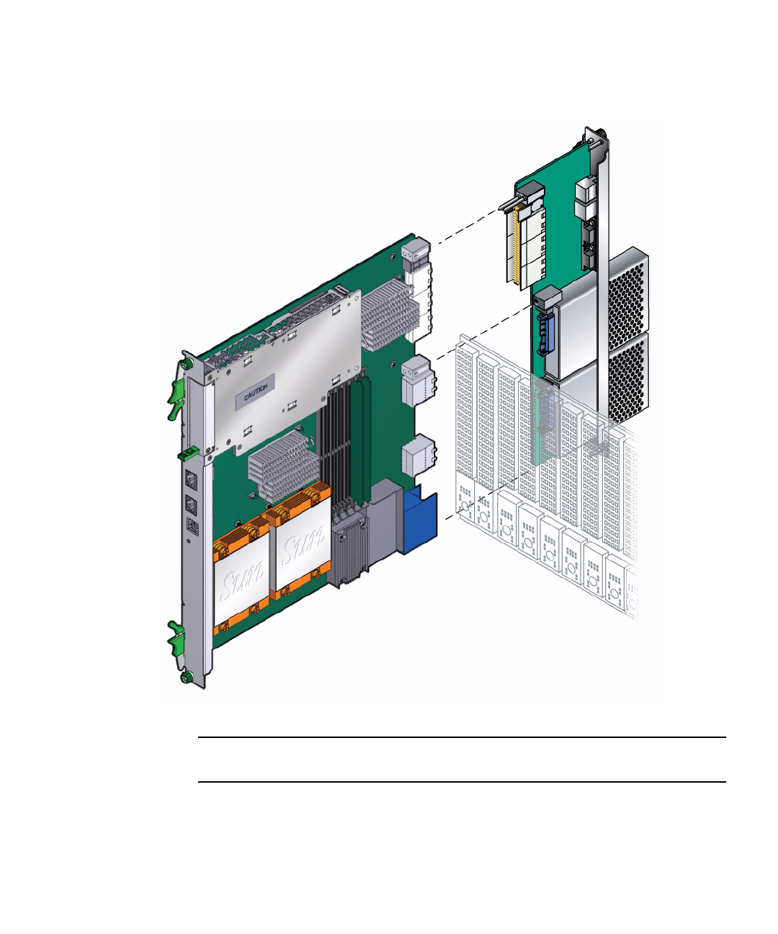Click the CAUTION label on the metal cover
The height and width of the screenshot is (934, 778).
[255, 391]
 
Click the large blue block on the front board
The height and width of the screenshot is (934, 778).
[419, 520]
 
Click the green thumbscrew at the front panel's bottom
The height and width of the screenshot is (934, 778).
[185, 677]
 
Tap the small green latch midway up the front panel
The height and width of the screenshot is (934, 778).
[188, 453]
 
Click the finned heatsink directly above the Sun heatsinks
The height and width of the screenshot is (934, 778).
[284, 466]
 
